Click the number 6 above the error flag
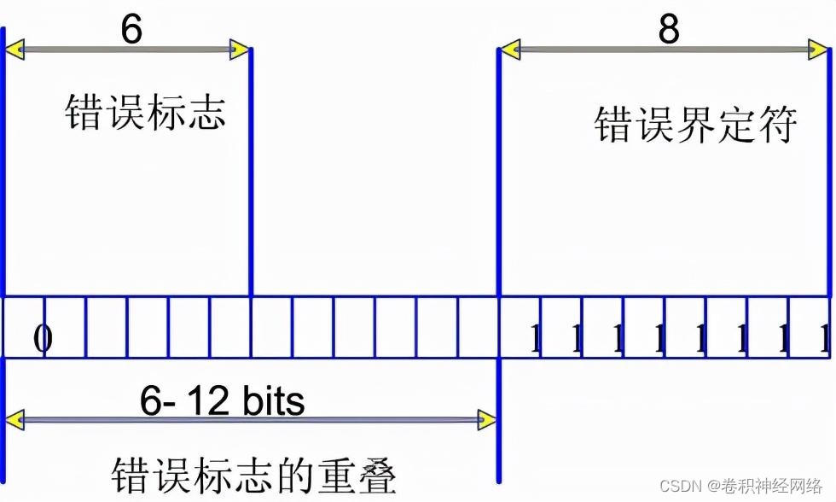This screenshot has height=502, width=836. [131, 29]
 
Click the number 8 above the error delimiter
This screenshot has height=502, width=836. [669, 29]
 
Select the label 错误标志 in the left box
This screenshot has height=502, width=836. [145, 113]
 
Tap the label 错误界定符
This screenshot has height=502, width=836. [695, 125]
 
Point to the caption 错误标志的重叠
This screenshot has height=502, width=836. [253, 474]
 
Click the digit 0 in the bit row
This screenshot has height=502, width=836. [43, 339]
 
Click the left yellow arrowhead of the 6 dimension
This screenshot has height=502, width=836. [15, 50]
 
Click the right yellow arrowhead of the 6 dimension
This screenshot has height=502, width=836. [241, 50]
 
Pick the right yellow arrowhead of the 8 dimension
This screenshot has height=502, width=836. [820, 50]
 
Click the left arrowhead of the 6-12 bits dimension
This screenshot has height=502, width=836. [15, 419]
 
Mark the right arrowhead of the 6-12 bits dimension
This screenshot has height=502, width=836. [487, 419]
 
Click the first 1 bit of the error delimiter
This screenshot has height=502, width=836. [536, 340]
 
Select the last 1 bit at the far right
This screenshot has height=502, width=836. [824, 340]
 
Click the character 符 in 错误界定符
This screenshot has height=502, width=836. [777, 125]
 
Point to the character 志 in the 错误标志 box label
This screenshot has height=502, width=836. [206, 113]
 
